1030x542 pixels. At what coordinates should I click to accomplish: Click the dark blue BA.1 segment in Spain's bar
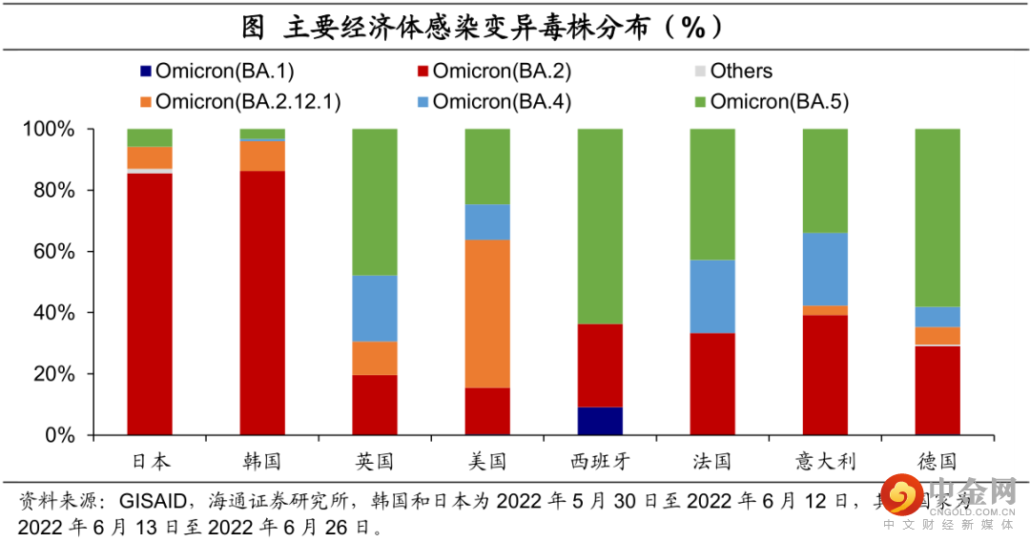click(600, 421)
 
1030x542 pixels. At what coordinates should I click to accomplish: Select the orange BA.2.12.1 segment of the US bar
click(487, 314)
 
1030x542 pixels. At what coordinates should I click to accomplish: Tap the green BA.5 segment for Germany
click(937, 218)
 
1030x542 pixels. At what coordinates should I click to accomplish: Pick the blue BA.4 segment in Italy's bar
click(825, 269)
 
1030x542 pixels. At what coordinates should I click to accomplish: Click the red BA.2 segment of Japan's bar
click(150, 303)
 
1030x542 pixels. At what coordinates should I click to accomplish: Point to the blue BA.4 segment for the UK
click(375, 308)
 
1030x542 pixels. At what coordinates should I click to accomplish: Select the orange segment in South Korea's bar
click(262, 156)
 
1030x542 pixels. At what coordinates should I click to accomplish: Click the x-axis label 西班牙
click(600, 462)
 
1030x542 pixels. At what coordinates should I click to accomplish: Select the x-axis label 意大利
click(825, 462)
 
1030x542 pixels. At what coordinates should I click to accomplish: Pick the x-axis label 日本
click(150, 462)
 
